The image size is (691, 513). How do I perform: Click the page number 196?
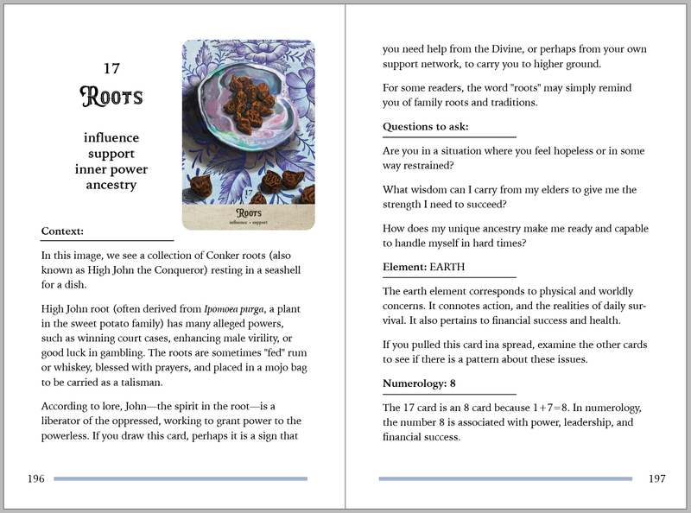36,478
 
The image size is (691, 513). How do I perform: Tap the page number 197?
656,478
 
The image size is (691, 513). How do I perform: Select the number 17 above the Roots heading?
111,67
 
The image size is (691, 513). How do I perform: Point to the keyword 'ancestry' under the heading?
111,184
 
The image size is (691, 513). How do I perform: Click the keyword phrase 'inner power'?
111,168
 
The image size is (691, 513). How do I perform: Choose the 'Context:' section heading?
62,231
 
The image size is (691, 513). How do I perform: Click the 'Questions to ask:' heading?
426,127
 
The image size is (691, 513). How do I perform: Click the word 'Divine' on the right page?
521,49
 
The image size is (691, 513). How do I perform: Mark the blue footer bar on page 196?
181,478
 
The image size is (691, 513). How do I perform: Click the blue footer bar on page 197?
505,478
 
